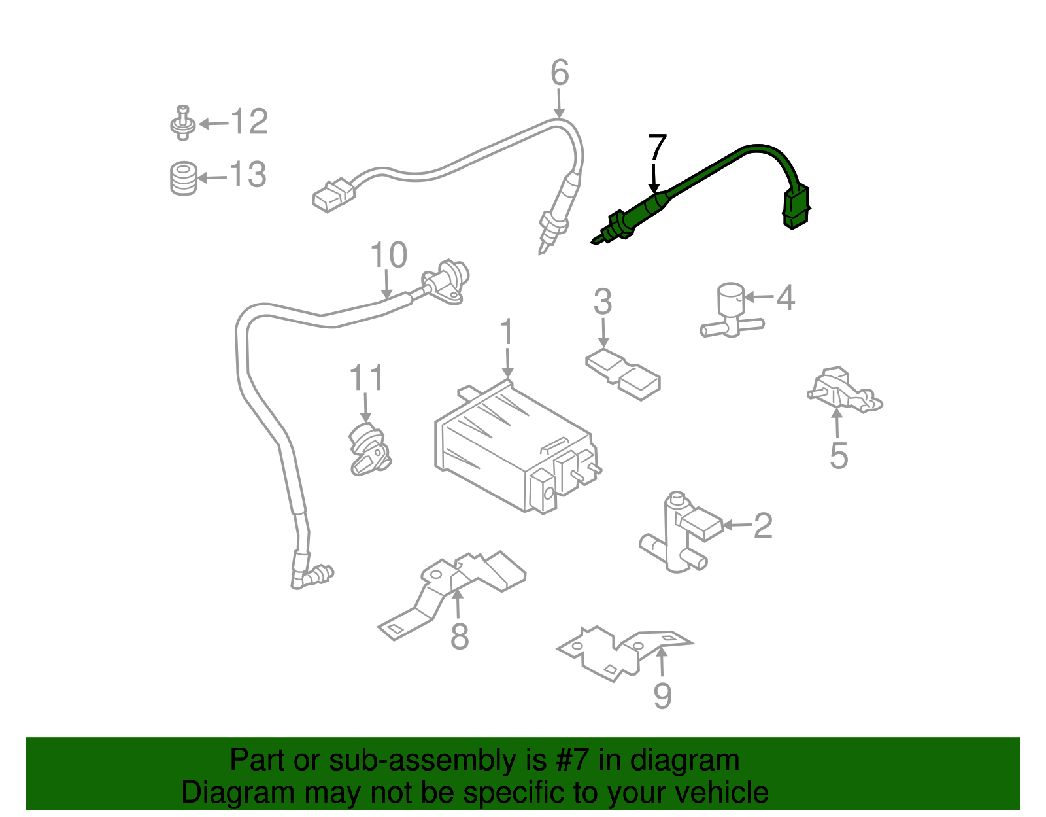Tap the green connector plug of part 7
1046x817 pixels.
coord(796,207)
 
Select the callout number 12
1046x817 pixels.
coord(249,122)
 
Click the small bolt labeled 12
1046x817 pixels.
coord(183,123)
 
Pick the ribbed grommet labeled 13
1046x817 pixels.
coord(184,177)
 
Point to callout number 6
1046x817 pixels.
coord(560,73)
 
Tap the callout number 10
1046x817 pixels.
coord(388,255)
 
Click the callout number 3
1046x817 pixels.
coord(603,302)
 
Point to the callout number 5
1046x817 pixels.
coord(839,455)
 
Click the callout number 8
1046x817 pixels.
coord(460,636)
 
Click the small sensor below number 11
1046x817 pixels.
coord(368,450)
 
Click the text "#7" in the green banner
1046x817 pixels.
coord(573,761)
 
